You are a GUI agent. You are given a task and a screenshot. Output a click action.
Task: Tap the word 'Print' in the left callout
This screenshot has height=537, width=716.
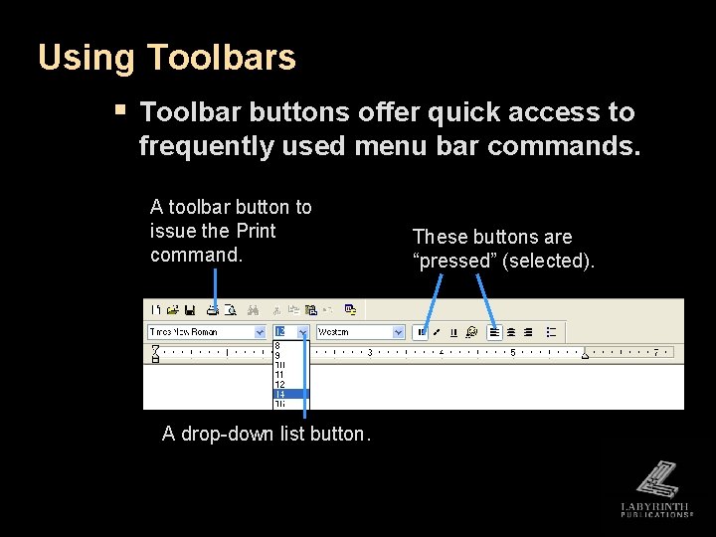256,231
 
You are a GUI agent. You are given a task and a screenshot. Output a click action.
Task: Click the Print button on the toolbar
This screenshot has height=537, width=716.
213,310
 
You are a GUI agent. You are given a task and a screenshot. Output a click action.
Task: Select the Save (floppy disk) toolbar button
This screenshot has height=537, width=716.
189,310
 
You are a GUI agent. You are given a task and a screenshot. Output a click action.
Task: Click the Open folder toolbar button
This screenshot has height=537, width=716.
172,310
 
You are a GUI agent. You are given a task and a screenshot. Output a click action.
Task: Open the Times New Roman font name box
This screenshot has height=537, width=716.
200,332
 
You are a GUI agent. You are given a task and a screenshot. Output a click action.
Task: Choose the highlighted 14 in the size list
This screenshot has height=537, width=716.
290,394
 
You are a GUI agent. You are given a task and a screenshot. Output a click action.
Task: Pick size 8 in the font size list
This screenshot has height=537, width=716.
278,346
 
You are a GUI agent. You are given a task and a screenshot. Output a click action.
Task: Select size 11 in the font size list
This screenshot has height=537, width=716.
280,375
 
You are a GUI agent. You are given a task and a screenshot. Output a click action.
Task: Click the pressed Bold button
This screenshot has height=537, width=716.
422,332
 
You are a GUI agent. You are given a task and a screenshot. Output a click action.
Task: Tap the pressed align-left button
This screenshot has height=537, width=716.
495,332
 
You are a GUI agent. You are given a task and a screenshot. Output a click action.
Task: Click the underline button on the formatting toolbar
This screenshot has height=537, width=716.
453,332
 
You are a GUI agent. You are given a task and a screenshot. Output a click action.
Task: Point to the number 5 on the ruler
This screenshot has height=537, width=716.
512,352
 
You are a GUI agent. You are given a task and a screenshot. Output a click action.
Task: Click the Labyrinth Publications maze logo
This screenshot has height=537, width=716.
656,480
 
